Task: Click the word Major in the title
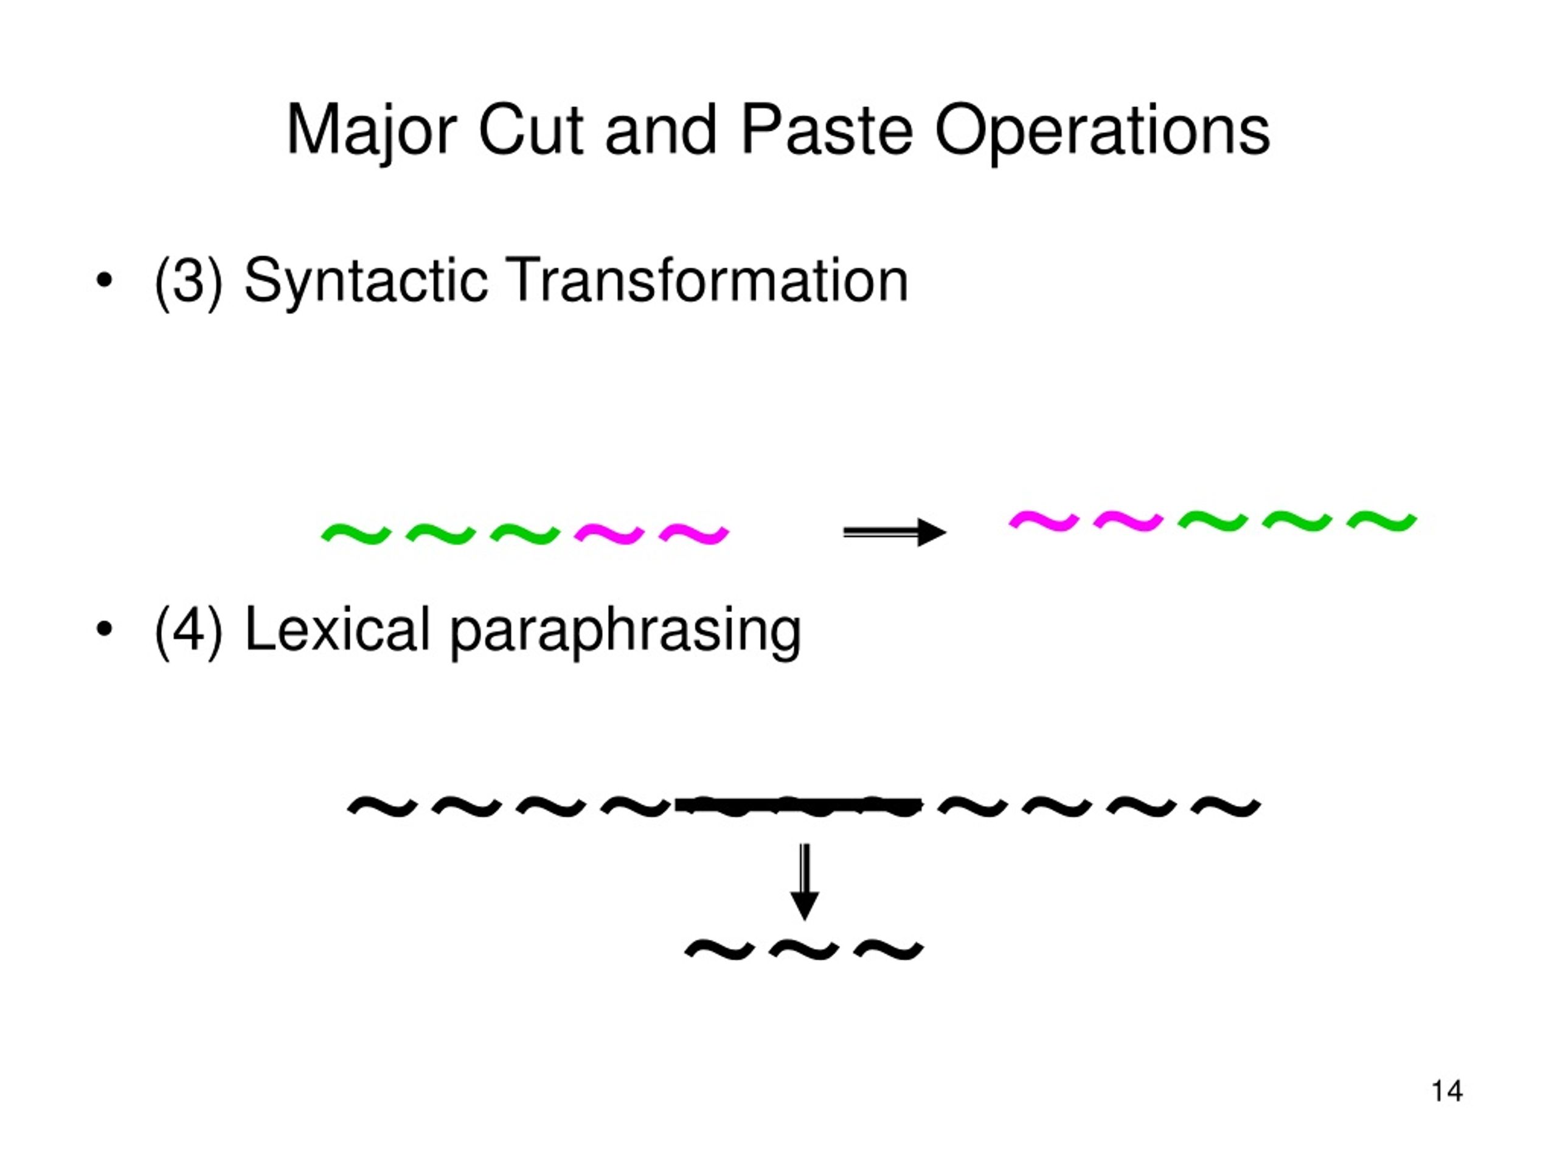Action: [372, 131]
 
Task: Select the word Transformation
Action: [708, 280]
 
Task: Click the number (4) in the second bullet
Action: [188, 631]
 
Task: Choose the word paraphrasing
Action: [625, 631]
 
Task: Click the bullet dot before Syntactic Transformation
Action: [104, 280]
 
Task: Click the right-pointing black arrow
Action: [895, 532]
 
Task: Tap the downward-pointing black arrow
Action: [805, 881]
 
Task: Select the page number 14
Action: [1447, 1091]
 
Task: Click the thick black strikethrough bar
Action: [798, 804]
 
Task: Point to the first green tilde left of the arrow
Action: [356, 534]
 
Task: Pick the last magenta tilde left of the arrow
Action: [694, 534]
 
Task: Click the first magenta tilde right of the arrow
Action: [1044, 520]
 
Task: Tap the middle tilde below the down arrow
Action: [804, 950]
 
